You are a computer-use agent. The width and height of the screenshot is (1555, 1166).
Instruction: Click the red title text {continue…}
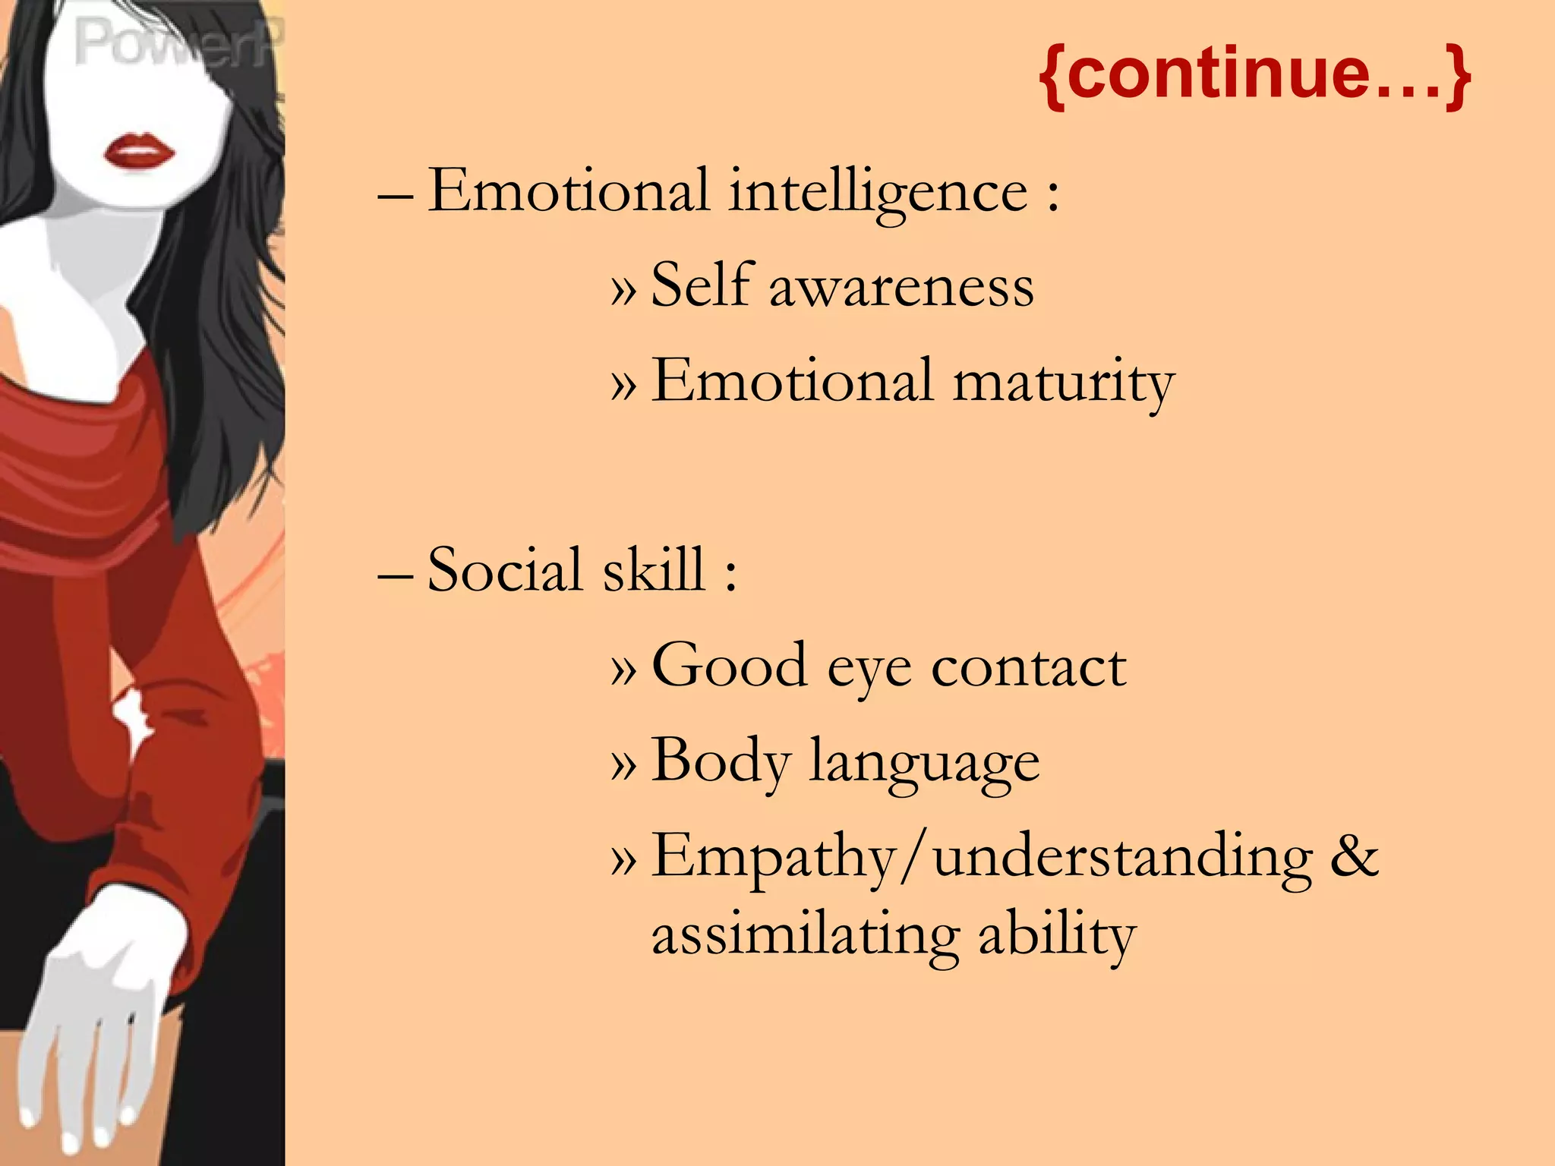(1254, 74)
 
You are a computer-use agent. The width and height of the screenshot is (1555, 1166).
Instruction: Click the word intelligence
(878, 191)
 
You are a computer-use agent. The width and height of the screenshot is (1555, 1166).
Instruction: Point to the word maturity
(1063, 382)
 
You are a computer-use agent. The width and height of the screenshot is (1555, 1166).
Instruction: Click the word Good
(729, 665)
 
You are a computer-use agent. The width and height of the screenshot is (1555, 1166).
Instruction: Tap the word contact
(1029, 667)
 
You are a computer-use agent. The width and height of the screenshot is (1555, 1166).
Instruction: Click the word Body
(721, 761)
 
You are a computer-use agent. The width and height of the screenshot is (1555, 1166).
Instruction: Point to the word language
(924, 764)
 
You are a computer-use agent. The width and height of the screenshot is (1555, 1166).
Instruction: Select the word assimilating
(805, 936)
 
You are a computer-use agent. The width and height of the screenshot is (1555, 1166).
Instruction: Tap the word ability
(1057, 936)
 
